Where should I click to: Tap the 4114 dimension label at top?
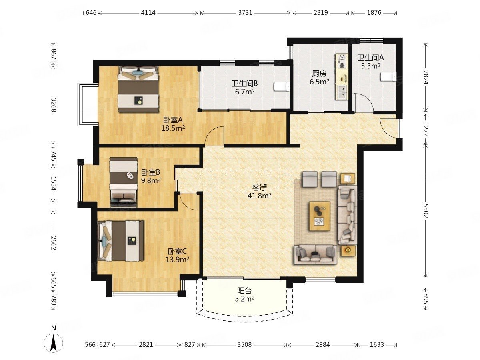click(148, 13)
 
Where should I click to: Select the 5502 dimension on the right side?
click(426, 210)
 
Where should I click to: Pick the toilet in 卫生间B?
click(282, 86)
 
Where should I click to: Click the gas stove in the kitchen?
click(342, 61)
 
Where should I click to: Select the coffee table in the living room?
click(319, 216)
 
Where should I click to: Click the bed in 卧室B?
click(124, 182)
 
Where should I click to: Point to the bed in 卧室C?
click(121, 241)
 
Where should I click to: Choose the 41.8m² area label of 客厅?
click(259, 196)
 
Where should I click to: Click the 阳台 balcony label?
click(244, 291)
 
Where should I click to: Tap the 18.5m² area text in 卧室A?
click(173, 128)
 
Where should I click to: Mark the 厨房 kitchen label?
click(319, 74)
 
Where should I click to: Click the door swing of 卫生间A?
click(364, 103)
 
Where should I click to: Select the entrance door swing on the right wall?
click(390, 128)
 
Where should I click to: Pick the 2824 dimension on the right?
click(426, 77)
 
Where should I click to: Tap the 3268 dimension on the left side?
click(53, 104)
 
